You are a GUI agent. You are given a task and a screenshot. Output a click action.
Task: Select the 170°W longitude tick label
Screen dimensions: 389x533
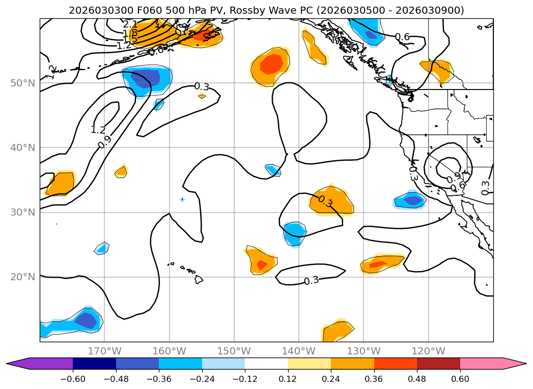(104, 351)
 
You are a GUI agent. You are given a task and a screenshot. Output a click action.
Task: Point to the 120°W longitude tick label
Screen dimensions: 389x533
(428, 351)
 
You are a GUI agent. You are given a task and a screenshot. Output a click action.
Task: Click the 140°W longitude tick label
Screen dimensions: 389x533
(299, 351)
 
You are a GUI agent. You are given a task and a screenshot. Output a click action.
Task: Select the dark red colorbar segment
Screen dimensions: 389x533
(438, 363)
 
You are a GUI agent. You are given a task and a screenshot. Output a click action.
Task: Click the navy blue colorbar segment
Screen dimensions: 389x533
(94, 363)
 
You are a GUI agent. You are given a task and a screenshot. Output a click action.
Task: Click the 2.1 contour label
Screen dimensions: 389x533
(130, 24)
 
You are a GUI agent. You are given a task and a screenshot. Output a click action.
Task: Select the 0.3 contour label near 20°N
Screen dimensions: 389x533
(311, 281)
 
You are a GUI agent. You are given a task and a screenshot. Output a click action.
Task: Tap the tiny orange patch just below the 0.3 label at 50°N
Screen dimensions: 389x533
(202, 96)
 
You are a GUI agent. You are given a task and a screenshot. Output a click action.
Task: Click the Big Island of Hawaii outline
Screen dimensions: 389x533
(199, 280)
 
